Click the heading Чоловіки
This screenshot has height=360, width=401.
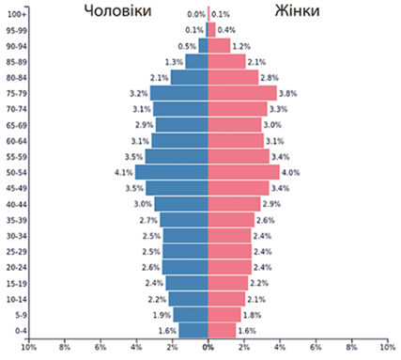point(117,10)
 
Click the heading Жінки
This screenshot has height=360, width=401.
point(297,10)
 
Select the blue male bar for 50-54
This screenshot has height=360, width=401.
point(172,172)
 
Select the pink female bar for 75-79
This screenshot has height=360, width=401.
point(242,93)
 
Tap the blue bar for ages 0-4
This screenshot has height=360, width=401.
point(193,331)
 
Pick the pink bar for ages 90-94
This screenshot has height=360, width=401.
point(219,46)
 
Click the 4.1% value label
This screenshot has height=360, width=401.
point(124,172)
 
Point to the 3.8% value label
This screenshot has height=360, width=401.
point(288,93)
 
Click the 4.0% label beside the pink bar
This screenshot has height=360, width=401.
point(291,172)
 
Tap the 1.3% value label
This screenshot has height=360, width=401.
point(174,62)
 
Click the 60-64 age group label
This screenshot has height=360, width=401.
point(17,141)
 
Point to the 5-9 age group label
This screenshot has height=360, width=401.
point(21,315)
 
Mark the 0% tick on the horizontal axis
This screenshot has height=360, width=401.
point(208,347)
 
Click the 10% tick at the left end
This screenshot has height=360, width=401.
point(29,347)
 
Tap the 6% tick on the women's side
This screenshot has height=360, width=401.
point(316,347)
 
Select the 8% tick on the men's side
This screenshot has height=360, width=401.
point(65,347)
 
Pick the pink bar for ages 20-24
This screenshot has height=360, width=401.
point(230,267)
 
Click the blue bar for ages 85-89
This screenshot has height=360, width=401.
point(197,61)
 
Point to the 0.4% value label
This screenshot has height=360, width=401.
point(226,30)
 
